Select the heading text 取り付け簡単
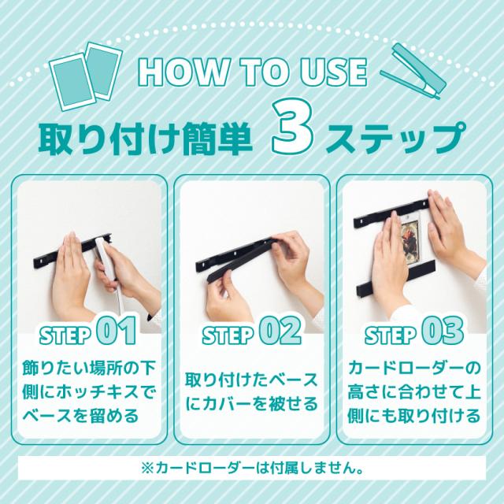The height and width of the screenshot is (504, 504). tap(145, 139)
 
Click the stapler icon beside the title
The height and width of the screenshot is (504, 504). tap(413, 72)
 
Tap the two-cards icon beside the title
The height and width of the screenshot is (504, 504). tap(86, 76)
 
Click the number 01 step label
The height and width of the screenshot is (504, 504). tap(116, 331)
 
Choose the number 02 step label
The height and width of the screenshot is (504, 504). tap(280, 331)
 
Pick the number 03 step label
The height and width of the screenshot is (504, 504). tap(443, 331)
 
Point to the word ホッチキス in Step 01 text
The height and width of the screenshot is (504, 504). tap(97, 392)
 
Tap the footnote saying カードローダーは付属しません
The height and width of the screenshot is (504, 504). tap(253, 469)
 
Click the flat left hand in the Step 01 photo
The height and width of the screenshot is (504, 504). tap(69, 276)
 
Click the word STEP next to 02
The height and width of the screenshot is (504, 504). tap(228, 335)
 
